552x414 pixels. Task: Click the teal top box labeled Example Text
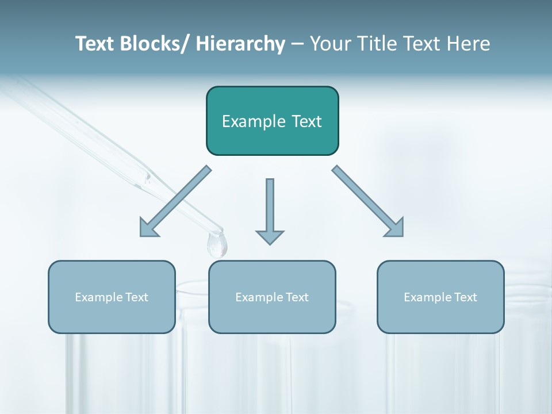tap(272, 121)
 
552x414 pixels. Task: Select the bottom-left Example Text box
tap(112, 297)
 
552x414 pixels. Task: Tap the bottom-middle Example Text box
tap(272, 297)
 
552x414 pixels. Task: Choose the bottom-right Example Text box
tap(440, 297)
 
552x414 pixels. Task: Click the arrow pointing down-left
tap(175, 202)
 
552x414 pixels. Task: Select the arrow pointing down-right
tap(368, 202)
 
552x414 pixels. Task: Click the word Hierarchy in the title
tap(240, 44)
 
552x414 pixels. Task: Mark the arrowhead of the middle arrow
tap(270, 237)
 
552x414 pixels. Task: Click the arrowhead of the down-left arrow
tap(149, 228)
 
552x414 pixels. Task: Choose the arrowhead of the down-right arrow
tap(394, 228)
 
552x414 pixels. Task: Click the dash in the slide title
tap(297, 44)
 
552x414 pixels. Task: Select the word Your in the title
tap(329, 44)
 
